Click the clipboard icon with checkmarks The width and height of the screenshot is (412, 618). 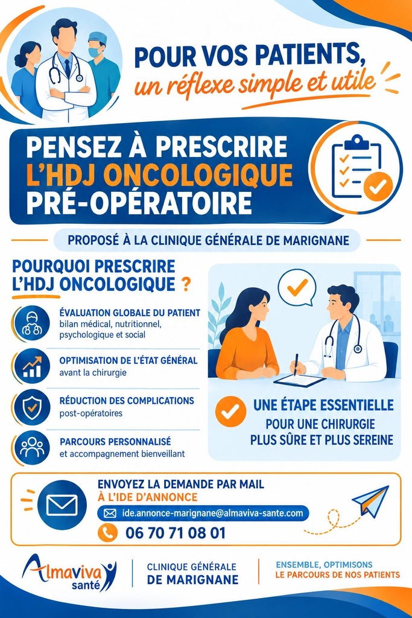357,168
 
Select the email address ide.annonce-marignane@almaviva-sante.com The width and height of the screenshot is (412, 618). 213,513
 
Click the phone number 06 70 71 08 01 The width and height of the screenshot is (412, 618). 176,533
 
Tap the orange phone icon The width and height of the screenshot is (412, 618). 107,533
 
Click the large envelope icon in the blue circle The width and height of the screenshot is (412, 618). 62,505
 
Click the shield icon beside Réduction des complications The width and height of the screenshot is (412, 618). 32,407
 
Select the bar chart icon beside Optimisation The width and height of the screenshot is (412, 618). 32,366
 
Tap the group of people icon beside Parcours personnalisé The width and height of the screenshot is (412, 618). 32,447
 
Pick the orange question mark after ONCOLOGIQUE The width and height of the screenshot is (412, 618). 187,284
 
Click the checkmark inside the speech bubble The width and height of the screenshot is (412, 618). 297,288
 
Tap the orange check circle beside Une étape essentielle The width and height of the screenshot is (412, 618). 231,412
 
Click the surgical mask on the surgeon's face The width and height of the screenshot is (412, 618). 95,52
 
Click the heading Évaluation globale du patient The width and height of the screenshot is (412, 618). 130,313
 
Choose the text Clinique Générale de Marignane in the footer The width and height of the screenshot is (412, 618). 192,573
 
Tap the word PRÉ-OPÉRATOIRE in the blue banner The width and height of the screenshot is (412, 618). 139,203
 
